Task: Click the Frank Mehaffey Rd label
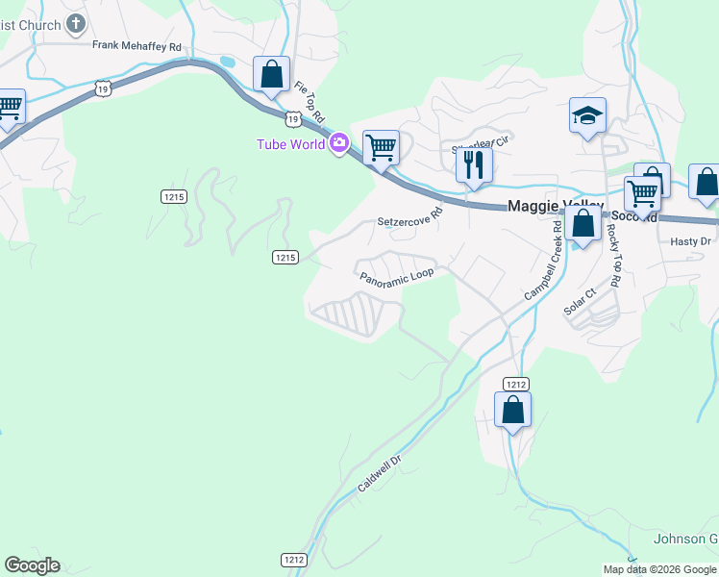pyautogui.click(x=136, y=45)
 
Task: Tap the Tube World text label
pyautogui.click(x=290, y=144)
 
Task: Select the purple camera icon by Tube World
pyautogui.click(x=338, y=144)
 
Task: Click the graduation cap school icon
pyautogui.click(x=587, y=116)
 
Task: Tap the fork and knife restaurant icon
pyautogui.click(x=473, y=165)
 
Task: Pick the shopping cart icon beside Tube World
pyautogui.click(x=382, y=148)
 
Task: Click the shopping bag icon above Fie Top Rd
pyautogui.click(x=272, y=74)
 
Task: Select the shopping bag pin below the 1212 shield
pyautogui.click(x=513, y=411)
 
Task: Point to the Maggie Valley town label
pyautogui.click(x=555, y=206)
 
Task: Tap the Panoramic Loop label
pyautogui.click(x=397, y=276)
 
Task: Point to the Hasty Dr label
pyautogui.click(x=690, y=241)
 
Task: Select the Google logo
pyautogui.click(x=32, y=565)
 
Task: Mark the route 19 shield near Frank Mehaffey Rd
pyautogui.click(x=105, y=88)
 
